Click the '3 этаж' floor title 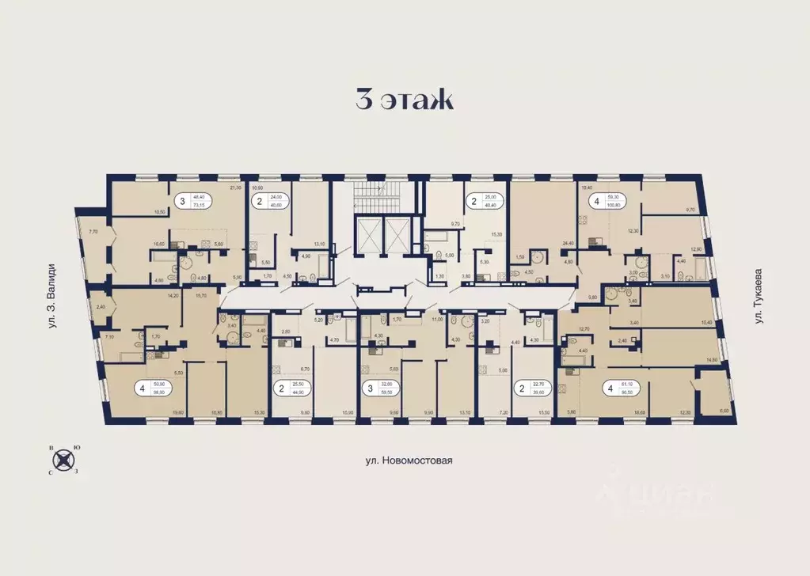pos(404,101)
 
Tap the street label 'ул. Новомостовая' pos(405,460)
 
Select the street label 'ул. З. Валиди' pos(51,301)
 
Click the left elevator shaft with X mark pos(369,234)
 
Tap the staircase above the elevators pos(380,193)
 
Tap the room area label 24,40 pos(567,244)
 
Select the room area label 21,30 pos(234,188)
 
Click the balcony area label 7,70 pos(93,232)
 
